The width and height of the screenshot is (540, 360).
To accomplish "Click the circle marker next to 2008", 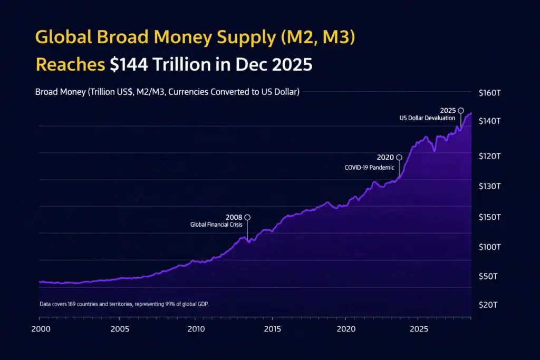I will click(x=247, y=217).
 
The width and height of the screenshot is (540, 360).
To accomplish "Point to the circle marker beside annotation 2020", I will click(x=399, y=157).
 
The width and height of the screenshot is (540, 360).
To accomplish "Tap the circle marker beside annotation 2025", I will click(x=460, y=111).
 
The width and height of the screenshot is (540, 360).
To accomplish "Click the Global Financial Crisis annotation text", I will click(x=216, y=225).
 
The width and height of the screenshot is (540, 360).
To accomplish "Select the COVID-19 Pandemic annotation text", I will click(x=369, y=168).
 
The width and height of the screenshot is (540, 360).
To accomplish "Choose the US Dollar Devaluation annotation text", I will click(x=427, y=118).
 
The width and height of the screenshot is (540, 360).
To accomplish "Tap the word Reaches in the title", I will click(x=70, y=64).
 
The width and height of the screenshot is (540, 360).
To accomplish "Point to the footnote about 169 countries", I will click(x=127, y=304).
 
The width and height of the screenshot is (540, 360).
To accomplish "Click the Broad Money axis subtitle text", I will click(x=167, y=92).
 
